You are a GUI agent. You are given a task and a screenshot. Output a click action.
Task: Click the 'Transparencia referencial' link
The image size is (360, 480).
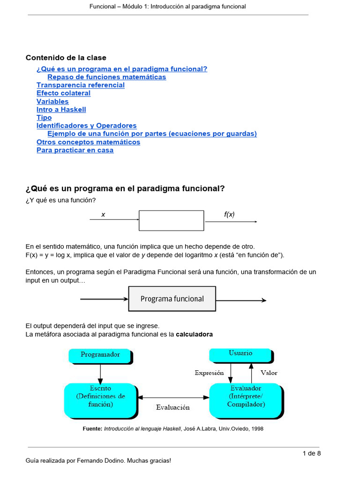point(81,85)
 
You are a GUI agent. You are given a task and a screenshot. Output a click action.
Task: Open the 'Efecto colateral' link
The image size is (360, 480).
point(63,93)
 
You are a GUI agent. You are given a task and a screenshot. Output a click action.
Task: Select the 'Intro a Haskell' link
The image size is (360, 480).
point(61,110)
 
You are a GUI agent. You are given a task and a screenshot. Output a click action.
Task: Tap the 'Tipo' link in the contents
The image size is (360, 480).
point(44,118)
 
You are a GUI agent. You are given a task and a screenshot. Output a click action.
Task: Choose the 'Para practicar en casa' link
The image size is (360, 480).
point(75,150)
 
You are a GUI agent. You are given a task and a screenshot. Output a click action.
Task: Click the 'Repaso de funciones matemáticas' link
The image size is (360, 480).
point(106,77)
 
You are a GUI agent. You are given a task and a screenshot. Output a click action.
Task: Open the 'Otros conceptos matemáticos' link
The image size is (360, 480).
point(88,142)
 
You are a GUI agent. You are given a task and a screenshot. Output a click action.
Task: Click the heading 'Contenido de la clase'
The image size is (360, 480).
point(66,58)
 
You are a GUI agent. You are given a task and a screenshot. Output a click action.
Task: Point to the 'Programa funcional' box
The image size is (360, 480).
point(172,299)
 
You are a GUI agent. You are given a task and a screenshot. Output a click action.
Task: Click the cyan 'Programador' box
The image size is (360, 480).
point(100,355)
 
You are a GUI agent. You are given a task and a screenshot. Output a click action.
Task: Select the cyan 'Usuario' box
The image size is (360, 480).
point(240,354)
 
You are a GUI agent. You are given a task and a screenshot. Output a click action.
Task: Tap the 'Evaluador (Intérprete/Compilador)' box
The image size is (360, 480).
point(245,399)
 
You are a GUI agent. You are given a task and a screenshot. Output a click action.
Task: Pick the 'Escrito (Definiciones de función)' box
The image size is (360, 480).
point(100,399)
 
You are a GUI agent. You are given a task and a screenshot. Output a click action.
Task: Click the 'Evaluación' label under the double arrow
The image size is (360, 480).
point(173,407)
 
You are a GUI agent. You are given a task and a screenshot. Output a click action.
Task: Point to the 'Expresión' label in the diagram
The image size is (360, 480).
point(209,373)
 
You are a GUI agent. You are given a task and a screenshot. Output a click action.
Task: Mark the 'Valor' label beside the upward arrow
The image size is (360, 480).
point(269,373)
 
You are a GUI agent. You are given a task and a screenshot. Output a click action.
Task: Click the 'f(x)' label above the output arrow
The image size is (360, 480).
point(229,214)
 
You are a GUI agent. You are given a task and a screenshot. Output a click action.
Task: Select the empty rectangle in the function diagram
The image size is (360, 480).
point(171,220)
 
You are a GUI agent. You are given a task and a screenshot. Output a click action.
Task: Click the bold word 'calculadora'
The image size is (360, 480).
point(194,334)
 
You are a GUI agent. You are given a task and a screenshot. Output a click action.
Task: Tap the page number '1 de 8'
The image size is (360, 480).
point(312,453)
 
